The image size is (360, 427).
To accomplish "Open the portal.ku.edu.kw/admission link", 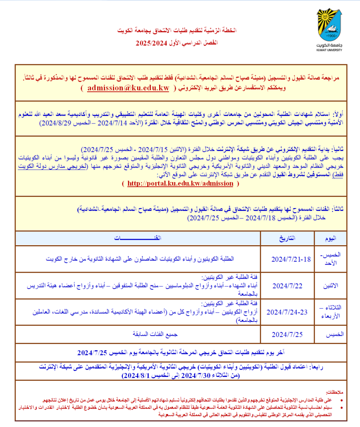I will tap(180, 183).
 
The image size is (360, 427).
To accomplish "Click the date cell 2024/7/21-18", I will tap(291, 259).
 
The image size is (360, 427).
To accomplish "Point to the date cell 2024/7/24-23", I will tap(288, 311).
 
